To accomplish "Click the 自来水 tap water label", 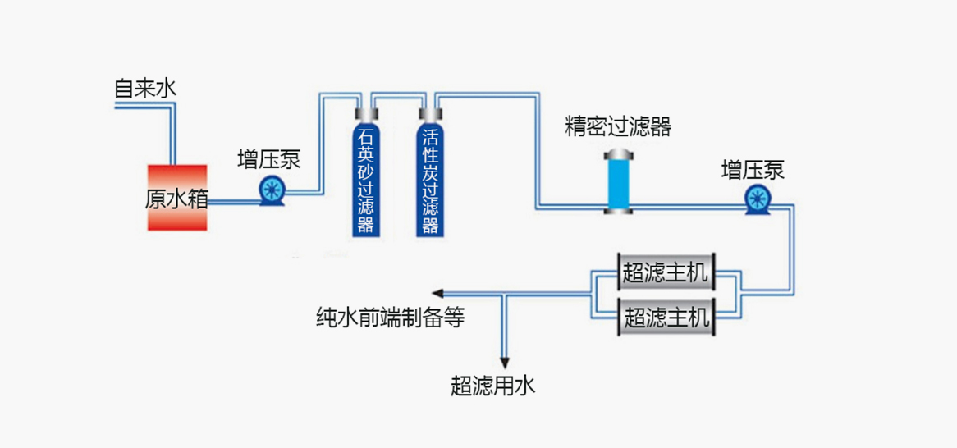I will click(145, 89).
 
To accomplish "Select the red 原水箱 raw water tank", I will click(176, 198).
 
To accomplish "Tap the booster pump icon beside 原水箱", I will click(271, 191).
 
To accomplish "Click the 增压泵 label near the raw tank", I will click(269, 158).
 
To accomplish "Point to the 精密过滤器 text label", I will click(618, 126).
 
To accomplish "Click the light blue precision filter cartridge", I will click(619, 184).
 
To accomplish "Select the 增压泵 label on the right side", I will click(753, 170).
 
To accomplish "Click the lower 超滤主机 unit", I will click(666, 316).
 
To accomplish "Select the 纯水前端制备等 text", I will click(391, 318).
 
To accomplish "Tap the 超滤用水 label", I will click(492, 385).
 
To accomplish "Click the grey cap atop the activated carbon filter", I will click(428, 114).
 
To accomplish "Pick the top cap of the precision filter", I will click(619, 154).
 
